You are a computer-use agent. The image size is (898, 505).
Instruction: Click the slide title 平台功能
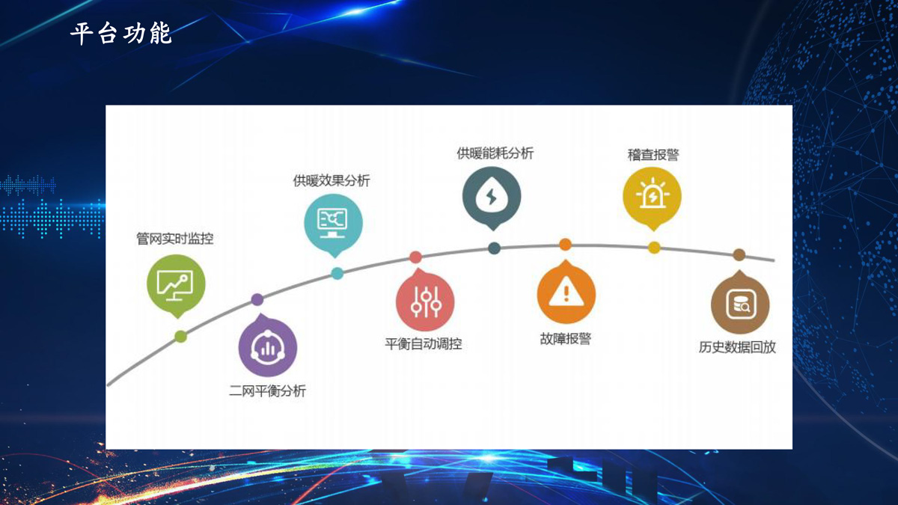point(121,33)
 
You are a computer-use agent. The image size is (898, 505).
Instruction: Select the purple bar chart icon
point(267,346)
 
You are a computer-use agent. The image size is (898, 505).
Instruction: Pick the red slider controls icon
point(425,301)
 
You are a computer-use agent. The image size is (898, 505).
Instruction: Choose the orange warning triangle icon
point(566,293)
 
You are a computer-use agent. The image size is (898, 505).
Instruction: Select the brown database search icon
point(740,303)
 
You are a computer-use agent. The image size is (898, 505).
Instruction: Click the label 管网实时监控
point(175,239)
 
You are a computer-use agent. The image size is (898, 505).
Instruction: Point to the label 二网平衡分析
point(267,391)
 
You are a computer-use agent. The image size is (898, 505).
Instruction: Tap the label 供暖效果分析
point(332,181)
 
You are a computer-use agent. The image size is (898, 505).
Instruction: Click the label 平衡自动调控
point(424,344)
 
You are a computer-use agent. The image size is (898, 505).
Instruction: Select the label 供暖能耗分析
point(495,153)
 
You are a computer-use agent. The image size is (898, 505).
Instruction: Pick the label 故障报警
point(566,339)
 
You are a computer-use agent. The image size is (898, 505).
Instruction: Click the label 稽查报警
point(653,155)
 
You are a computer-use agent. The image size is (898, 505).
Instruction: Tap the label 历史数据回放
point(737,347)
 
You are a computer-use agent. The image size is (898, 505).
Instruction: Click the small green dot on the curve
point(181,337)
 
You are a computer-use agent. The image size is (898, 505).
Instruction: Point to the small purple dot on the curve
point(257,299)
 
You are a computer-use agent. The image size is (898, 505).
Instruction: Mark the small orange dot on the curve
point(565,244)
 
